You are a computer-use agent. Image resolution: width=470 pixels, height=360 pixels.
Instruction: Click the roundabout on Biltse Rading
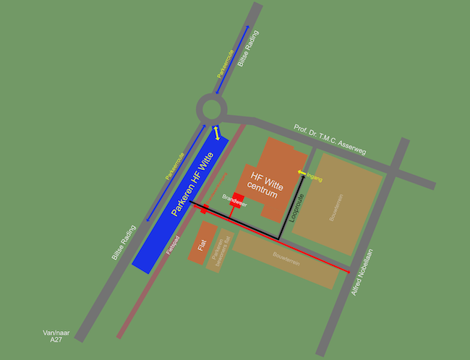point(212,111)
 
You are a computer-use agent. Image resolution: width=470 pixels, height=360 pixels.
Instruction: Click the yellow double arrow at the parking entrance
point(215,132)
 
